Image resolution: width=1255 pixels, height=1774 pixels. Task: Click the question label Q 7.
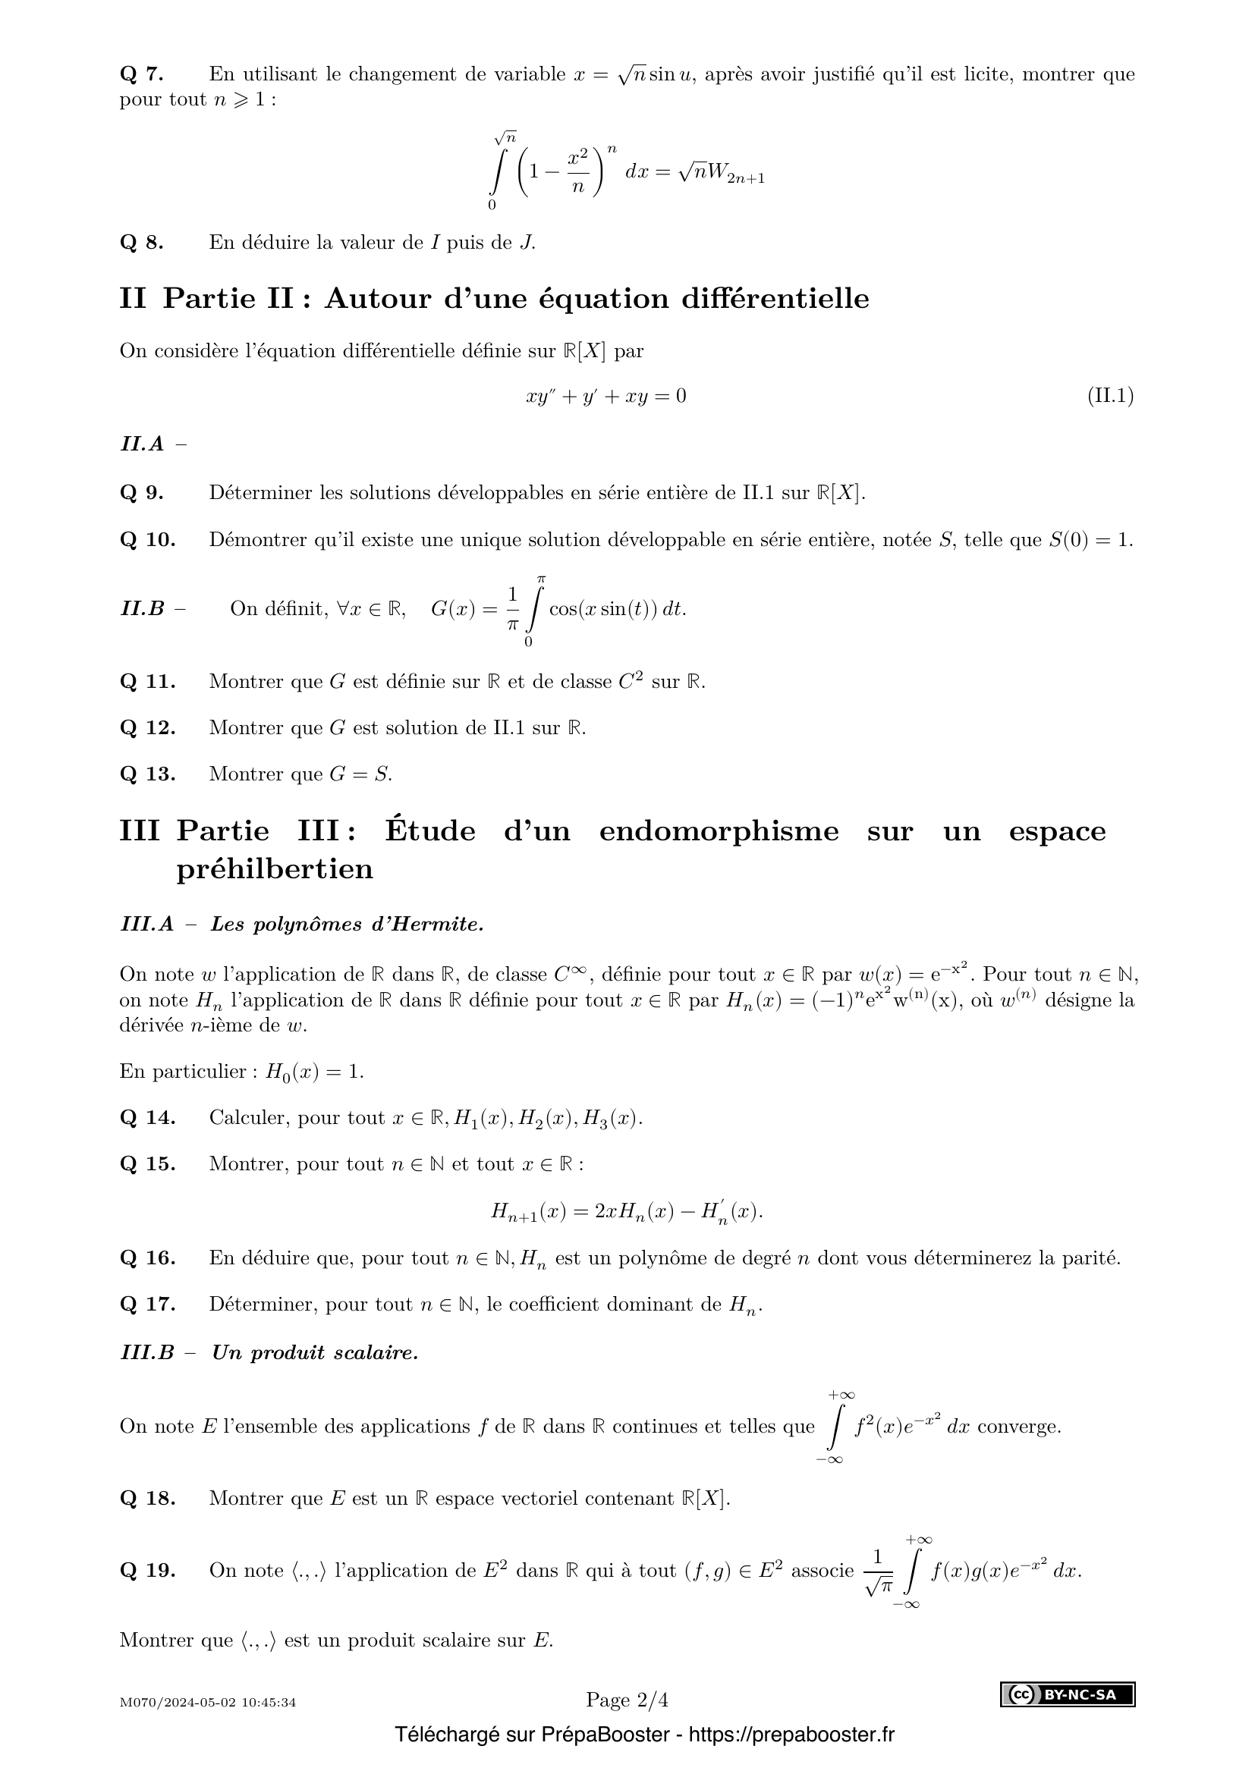(x=141, y=74)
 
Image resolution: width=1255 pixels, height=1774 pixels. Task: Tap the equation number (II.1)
(x=1110, y=397)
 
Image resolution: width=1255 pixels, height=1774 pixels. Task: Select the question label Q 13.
(x=148, y=774)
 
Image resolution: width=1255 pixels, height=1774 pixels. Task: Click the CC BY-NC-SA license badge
(x=1068, y=1694)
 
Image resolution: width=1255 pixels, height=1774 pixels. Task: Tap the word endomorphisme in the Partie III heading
(x=719, y=831)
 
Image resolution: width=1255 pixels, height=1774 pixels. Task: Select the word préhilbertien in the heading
(x=275, y=869)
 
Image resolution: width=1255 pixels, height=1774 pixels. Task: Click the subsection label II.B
(x=142, y=609)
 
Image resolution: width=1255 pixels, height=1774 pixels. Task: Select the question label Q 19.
(x=148, y=1570)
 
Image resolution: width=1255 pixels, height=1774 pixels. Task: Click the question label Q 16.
(x=148, y=1257)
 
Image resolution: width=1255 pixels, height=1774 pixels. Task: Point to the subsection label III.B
(x=147, y=1352)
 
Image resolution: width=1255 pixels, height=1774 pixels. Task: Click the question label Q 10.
(x=148, y=539)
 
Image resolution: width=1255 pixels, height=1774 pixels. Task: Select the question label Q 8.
(x=141, y=243)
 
